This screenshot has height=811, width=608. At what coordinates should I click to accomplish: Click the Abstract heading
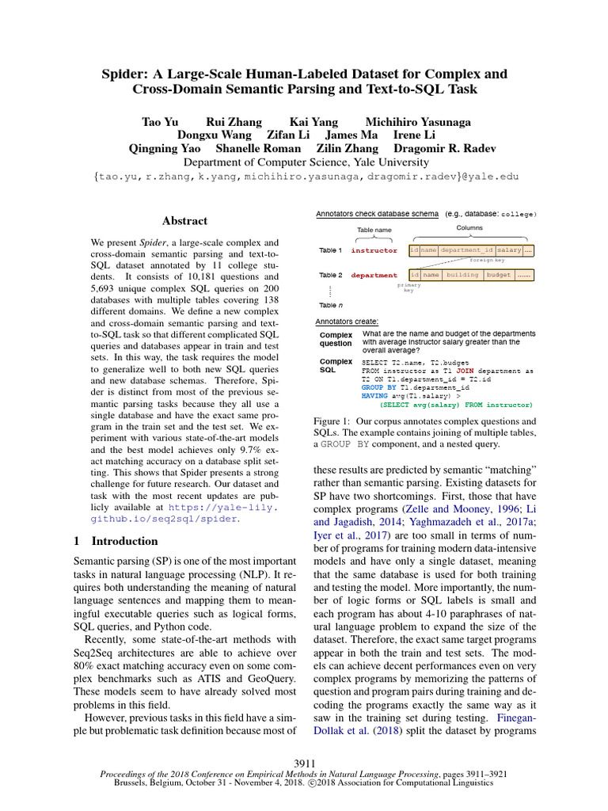click(184, 221)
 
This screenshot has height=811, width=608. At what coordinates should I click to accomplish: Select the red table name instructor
click(374, 250)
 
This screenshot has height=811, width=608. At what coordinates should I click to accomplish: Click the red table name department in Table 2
click(374, 276)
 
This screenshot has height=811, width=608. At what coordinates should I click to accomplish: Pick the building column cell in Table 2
click(462, 275)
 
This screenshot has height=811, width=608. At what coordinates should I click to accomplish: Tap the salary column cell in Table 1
click(509, 250)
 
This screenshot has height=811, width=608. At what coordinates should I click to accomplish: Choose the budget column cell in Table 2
click(499, 275)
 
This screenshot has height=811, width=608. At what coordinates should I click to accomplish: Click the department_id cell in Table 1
click(467, 250)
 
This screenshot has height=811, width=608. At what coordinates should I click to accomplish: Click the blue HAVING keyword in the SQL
click(375, 395)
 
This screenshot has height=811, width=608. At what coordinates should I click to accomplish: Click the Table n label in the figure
click(331, 305)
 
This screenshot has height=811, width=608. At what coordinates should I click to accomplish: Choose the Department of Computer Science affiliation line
click(304, 162)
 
